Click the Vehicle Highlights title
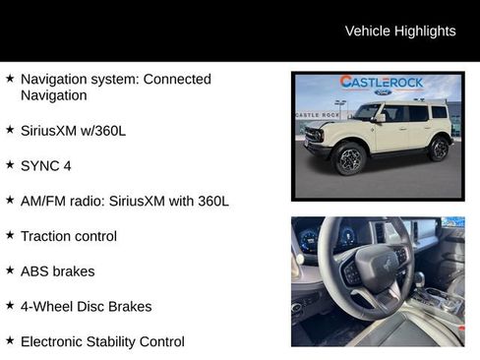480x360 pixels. coord(400,31)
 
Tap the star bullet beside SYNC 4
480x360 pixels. coord(10,164)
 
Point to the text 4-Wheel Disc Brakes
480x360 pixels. coord(86,306)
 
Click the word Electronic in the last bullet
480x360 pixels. coord(54,341)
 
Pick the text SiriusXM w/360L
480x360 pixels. coord(75,130)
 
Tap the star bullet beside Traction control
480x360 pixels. coord(10,235)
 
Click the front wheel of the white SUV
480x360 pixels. coord(349,157)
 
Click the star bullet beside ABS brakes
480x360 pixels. coord(10,270)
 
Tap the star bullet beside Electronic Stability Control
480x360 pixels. coord(10,340)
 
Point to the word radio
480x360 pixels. coord(87,201)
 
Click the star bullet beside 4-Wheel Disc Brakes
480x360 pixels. coord(10,305)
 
